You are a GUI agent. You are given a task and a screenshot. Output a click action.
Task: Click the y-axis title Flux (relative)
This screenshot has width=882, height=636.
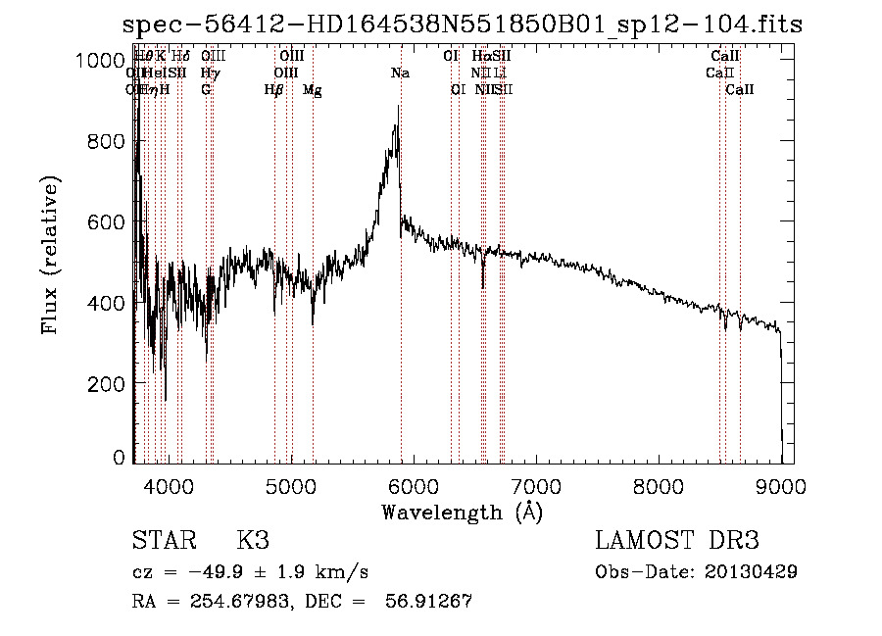pyautogui.click(x=50, y=256)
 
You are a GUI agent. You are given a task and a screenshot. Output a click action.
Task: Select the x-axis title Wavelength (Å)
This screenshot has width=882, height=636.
pyautogui.click(x=462, y=512)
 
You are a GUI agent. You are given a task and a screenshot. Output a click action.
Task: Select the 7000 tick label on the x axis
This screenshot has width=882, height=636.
pyautogui.click(x=536, y=485)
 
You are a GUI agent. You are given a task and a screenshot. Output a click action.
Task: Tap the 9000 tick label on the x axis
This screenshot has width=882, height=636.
pyautogui.click(x=781, y=485)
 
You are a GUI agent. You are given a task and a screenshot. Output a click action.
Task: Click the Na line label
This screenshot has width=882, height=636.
pyautogui.click(x=400, y=73)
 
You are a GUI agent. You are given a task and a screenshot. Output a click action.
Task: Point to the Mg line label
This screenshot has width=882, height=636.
pyautogui.click(x=313, y=90)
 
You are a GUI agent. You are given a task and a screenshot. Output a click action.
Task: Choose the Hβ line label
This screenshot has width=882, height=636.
pyautogui.click(x=274, y=90)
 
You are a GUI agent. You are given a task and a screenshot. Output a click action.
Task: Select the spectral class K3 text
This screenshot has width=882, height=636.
pyautogui.click(x=253, y=540)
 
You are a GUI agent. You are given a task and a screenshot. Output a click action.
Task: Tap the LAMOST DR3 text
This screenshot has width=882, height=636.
pyautogui.click(x=676, y=540)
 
